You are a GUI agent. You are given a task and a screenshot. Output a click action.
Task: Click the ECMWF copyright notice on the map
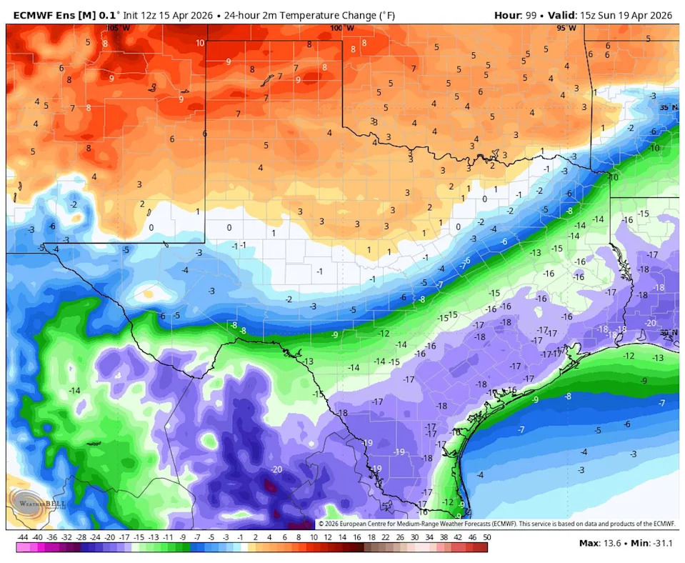[x=496, y=524]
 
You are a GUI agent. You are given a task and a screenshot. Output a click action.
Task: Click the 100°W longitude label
[x=342, y=28]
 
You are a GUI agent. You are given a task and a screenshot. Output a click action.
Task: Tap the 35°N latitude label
[x=669, y=107]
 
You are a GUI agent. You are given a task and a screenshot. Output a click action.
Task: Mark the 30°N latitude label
[x=669, y=333]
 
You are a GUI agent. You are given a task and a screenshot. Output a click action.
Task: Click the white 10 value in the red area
[x=199, y=43]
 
